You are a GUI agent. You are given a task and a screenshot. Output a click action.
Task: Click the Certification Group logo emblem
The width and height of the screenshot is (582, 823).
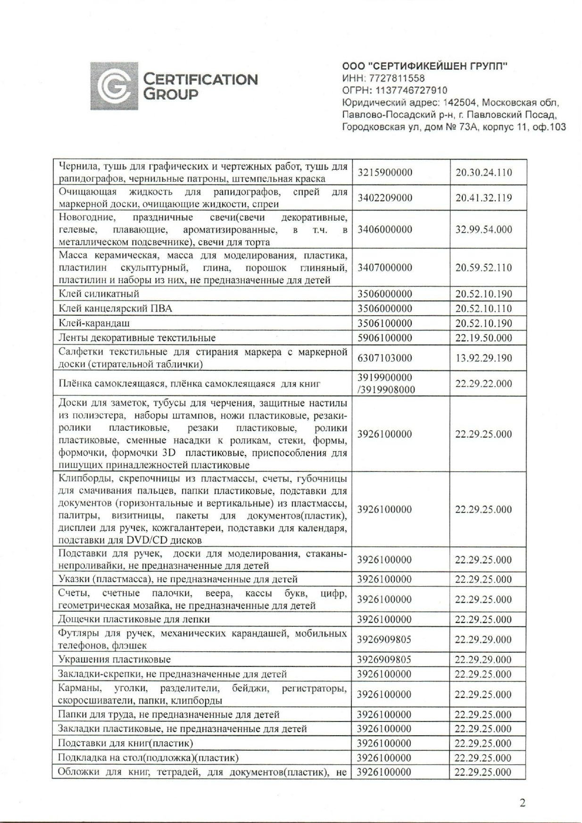point(115,86)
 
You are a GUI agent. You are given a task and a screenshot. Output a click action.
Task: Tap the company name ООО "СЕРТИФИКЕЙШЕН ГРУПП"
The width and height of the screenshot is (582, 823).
point(424,66)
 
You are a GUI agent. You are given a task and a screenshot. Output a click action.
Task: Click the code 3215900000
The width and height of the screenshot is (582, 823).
point(384,173)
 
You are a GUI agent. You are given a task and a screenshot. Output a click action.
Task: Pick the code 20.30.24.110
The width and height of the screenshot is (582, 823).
point(483,173)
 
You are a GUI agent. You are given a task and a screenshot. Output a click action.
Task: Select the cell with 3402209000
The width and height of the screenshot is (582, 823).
point(384,198)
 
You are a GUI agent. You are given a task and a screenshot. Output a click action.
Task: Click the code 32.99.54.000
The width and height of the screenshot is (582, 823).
point(483,230)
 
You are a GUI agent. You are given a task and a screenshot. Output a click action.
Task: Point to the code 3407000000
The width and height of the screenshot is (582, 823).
point(384,268)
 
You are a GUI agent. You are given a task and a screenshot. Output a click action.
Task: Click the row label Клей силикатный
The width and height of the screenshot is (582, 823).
point(99,294)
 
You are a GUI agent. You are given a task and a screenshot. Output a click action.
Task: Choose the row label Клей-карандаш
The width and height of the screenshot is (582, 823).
point(94,323)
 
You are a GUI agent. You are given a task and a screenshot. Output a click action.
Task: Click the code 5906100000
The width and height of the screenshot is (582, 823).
point(384,338)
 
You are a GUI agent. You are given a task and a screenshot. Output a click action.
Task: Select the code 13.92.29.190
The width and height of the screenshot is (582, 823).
point(483,358)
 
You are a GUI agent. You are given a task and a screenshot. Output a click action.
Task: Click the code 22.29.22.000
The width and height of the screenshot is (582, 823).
point(483,383)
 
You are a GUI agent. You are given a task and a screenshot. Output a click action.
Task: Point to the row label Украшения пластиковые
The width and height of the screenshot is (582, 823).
point(114,659)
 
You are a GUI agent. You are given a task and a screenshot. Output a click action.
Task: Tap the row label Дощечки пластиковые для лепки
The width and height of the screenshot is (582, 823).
point(134,619)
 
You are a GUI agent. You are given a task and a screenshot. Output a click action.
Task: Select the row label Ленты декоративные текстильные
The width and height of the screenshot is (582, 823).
point(137,338)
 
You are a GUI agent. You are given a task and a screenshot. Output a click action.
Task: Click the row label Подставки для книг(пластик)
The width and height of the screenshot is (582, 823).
point(125,743)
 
